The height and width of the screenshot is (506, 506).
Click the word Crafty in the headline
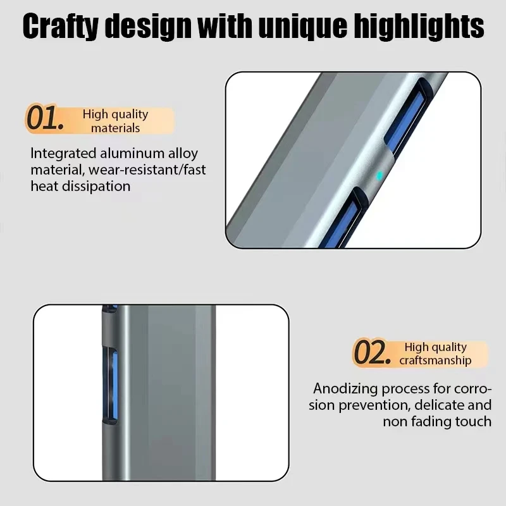62,27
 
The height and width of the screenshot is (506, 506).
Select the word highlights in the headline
424,27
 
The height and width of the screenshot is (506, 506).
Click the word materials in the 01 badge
115,128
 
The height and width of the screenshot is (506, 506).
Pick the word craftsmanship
435,361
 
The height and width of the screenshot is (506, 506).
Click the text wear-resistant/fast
147,170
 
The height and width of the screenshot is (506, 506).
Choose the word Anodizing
347,388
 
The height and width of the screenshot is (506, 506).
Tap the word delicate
444,405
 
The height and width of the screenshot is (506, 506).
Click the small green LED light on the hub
379,175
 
